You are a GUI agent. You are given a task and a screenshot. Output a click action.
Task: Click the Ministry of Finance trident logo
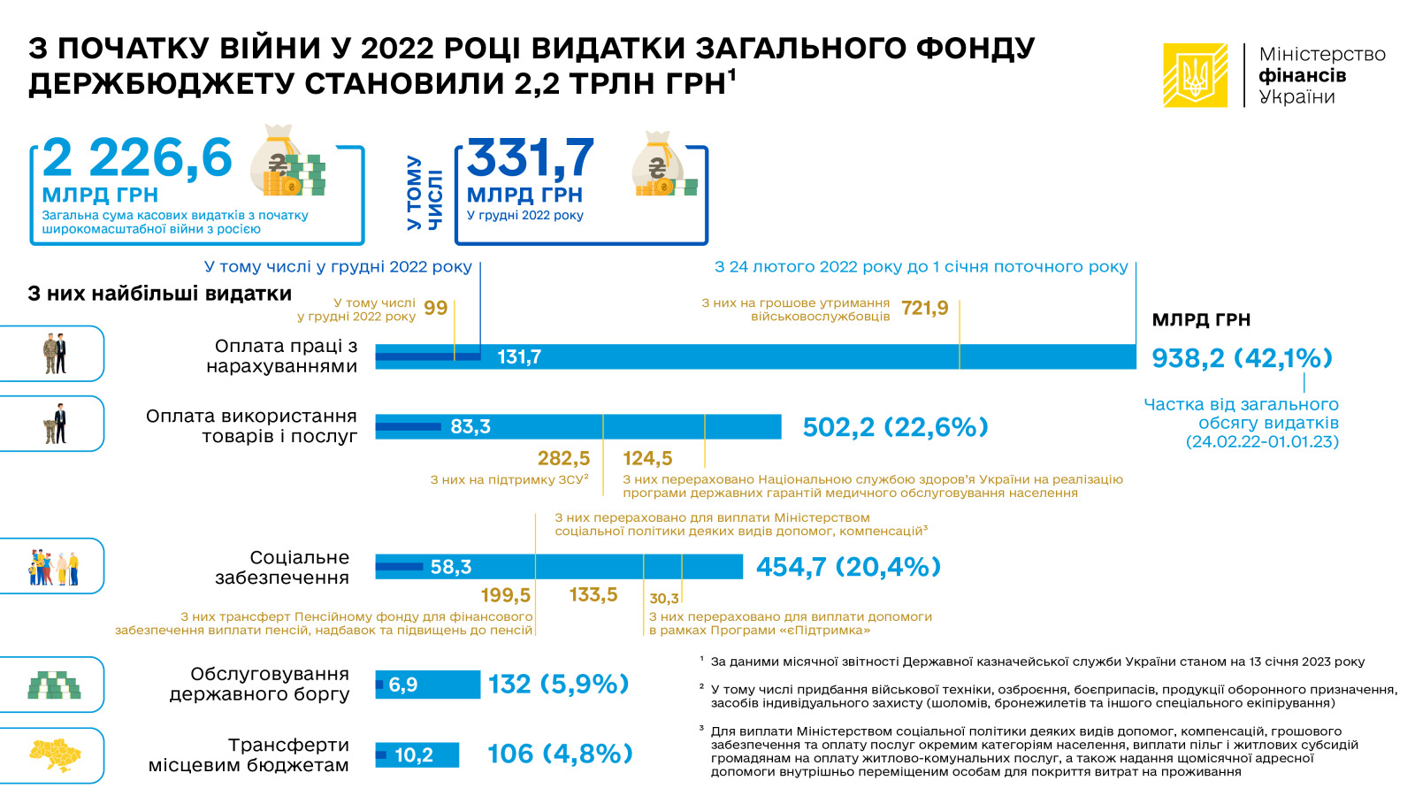click(x=1195, y=75)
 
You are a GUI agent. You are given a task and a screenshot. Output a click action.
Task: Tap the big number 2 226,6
click(x=137, y=158)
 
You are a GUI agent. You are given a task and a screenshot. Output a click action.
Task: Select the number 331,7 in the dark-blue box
click(x=530, y=158)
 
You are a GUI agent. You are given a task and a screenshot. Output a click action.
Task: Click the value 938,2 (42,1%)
click(x=1242, y=357)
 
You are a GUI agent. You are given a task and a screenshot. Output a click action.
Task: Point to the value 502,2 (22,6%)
click(x=895, y=427)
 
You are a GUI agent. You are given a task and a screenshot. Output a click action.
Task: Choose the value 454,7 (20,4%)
click(x=848, y=567)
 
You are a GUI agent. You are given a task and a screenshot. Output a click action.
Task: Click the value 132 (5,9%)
click(x=558, y=685)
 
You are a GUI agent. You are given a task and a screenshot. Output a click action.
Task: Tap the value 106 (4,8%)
click(x=560, y=754)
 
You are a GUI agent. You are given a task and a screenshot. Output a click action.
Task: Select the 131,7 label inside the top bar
click(x=519, y=357)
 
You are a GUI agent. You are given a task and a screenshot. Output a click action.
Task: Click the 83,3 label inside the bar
click(x=470, y=427)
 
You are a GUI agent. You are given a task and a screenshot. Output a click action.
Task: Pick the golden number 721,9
click(x=925, y=308)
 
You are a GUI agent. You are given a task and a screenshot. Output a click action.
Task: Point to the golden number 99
click(x=435, y=308)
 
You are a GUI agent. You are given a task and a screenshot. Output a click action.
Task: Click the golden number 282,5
click(x=563, y=457)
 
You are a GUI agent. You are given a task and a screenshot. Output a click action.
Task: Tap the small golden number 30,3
click(x=664, y=598)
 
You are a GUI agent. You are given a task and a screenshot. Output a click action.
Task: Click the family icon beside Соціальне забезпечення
click(x=54, y=567)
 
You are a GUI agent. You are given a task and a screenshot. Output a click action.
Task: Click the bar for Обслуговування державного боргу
click(x=428, y=685)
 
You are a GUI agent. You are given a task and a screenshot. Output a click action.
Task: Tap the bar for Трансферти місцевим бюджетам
click(x=417, y=754)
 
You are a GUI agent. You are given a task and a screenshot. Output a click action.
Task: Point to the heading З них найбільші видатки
click(x=160, y=294)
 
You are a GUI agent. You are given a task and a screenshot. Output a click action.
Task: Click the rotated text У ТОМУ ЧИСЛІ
click(x=424, y=193)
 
